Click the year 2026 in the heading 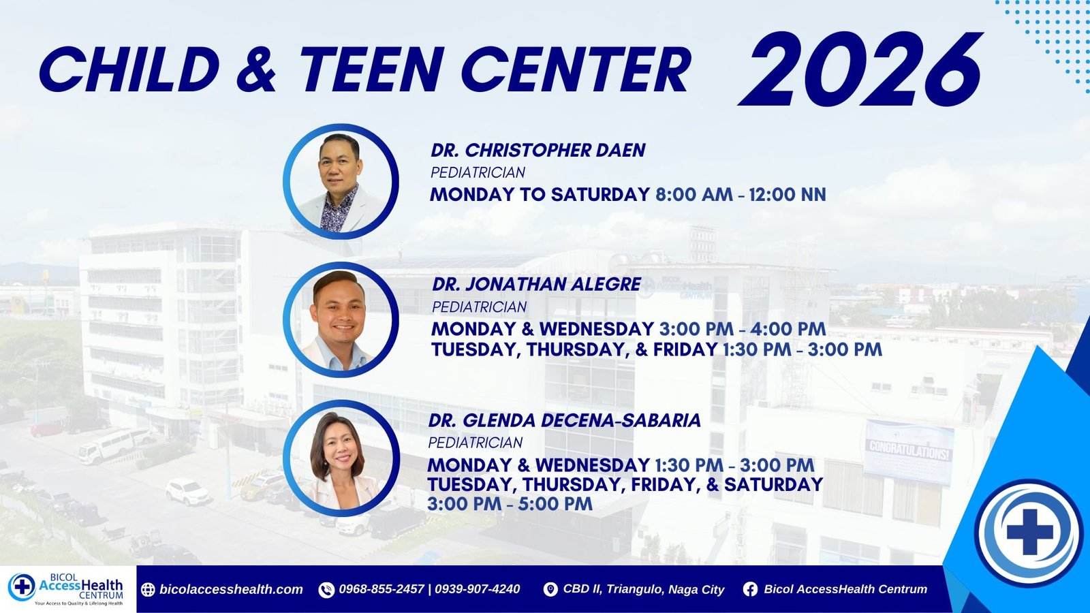point(860,69)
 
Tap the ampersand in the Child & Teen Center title point(256,69)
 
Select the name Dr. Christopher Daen point(538,151)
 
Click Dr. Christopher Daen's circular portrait point(341,181)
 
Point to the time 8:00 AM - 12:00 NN point(741,195)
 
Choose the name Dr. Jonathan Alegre point(536,284)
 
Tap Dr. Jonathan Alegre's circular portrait point(341,319)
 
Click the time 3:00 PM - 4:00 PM point(743,329)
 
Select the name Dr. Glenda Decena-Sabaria point(565,420)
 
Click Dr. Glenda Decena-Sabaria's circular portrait point(341,458)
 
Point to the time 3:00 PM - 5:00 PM point(510,504)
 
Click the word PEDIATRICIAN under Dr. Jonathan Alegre point(480,307)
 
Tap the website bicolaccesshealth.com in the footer point(231,589)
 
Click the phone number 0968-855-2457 point(381,589)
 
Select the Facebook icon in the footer point(750,589)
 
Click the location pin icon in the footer point(550,589)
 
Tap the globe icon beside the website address point(148,589)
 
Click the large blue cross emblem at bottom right point(1029,532)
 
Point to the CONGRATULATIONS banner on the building point(909,452)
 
